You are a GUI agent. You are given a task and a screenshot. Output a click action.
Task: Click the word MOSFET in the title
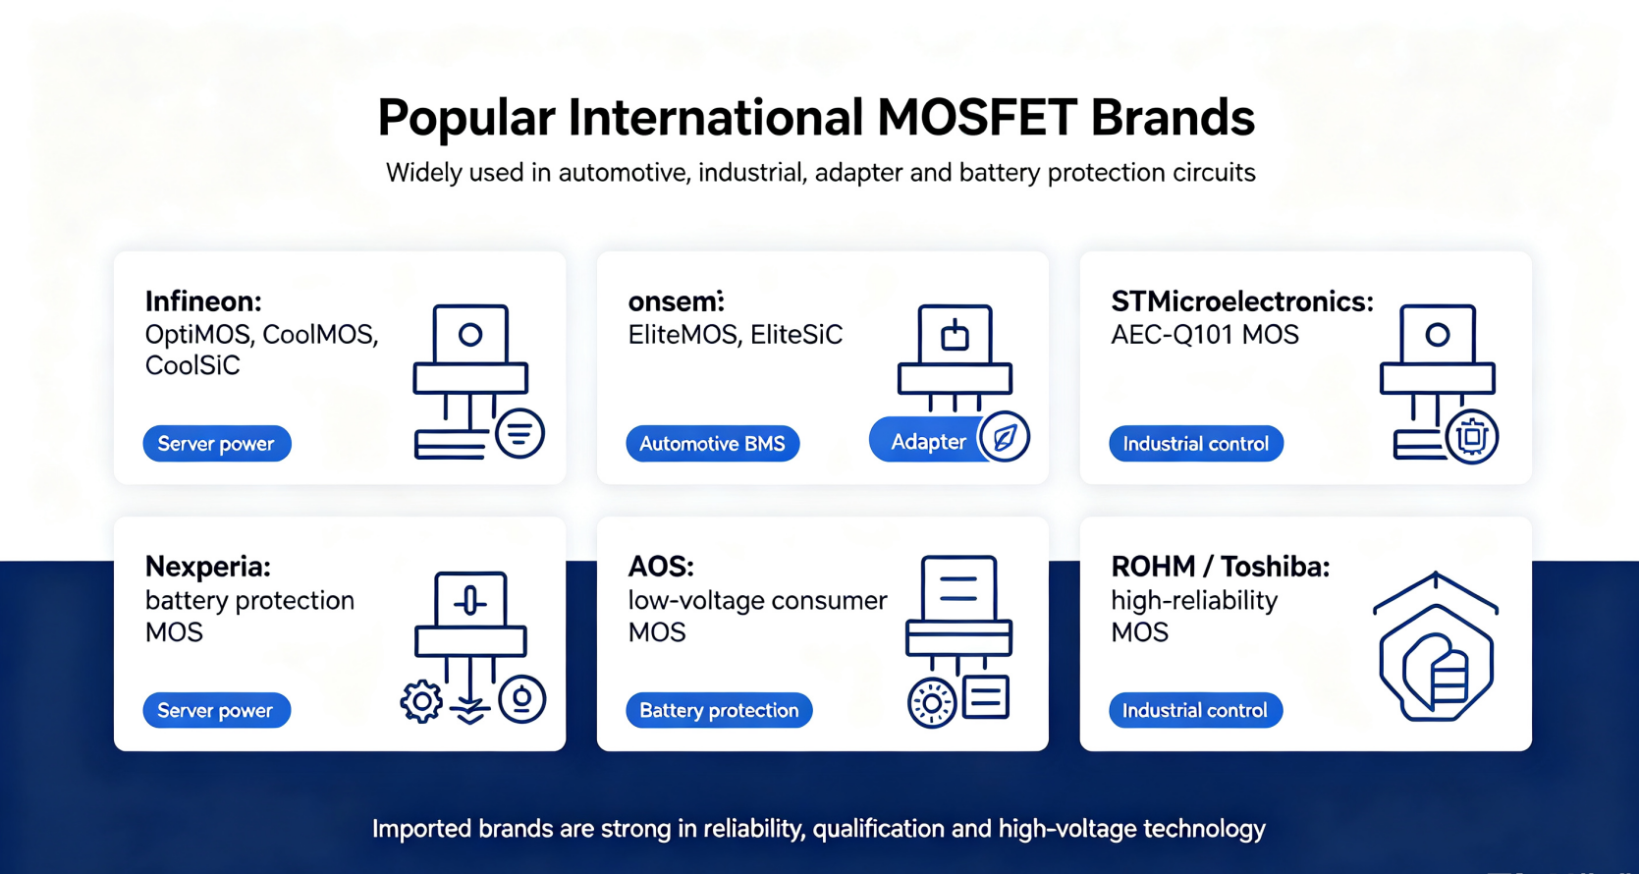pyautogui.click(x=976, y=118)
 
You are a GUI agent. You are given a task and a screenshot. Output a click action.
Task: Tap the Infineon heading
pyautogui.click(x=203, y=300)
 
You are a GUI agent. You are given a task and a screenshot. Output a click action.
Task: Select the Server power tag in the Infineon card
pyautogui.click(x=217, y=444)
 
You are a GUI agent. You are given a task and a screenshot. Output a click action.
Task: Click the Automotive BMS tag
pyautogui.click(x=712, y=444)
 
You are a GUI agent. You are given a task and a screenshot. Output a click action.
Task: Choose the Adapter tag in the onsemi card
pyautogui.click(x=929, y=441)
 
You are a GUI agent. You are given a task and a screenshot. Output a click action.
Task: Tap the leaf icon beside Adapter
pyautogui.click(x=1004, y=437)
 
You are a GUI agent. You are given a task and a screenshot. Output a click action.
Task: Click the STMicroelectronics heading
pyautogui.click(x=1242, y=300)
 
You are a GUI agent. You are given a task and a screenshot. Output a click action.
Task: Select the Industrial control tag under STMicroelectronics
pyautogui.click(x=1195, y=444)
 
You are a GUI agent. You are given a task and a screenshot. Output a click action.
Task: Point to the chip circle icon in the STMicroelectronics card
pyautogui.click(x=1471, y=437)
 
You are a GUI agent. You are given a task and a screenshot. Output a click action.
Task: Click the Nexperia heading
pyautogui.click(x=208, y=566)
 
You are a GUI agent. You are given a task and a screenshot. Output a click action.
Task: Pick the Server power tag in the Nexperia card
pyautogui.click(x=216, y=710)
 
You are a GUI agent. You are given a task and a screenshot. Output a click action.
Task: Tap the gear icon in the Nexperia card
pyautogui.click(x=421, y=701)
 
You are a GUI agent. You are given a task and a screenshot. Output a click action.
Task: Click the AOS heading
pyautogui.click(x=661, y=566)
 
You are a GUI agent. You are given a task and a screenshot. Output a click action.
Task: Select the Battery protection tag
pyautogui.click(x=719, y=710)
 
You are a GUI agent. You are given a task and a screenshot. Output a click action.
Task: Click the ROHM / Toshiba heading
pyautogui.click(x=1221, y=566)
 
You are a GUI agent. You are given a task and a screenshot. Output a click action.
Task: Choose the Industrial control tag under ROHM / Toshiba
pyautogui.click(x=1195, y=710)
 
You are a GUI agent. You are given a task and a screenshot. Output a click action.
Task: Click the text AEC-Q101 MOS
pyautogui.click(x=1204, y=335)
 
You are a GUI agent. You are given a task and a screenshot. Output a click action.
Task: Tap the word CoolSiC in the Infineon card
pyautogui.click(x=192, y=365)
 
